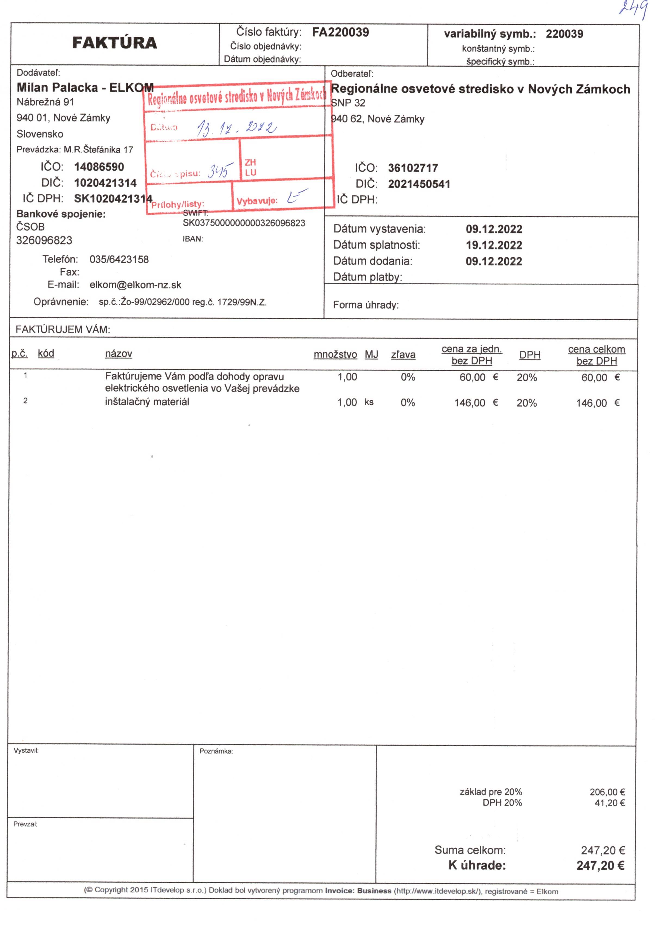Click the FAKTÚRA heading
[x=114, y=43]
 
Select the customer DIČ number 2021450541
[x=419, y=184]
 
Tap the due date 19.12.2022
[x=493, y=245]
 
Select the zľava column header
[x=403, y=355]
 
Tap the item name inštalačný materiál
[x=147, y=402]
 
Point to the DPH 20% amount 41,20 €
[x=609, y=803]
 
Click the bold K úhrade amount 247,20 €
[x=600, y=865]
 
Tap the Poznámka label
[x=216, y=751]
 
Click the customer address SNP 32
[x=349, y=103]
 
